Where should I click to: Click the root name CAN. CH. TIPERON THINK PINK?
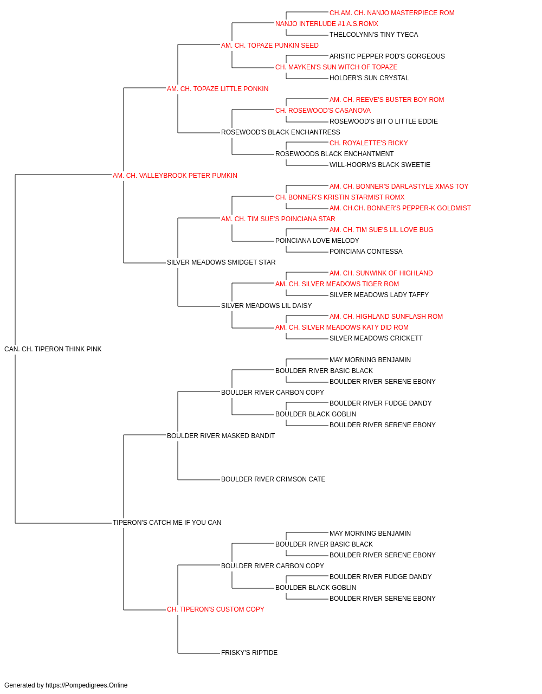53,349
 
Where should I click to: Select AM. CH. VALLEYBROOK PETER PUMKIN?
175,176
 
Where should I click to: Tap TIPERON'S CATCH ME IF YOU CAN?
167,523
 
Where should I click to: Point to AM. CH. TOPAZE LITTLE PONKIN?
218,89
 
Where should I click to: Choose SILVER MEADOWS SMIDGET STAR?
221,262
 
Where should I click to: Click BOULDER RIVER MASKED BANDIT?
221,435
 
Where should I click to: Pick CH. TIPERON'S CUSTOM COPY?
216,609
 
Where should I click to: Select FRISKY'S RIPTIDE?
249,652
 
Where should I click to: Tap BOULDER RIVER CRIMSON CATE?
273,479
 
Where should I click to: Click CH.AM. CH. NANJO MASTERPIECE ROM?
392,13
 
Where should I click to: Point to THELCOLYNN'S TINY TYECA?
374,35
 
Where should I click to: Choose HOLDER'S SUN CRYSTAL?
369,78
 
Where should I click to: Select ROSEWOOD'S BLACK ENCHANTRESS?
281,132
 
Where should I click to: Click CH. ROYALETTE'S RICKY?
369,143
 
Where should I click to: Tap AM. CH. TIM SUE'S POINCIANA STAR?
278,219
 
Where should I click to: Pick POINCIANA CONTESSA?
366,252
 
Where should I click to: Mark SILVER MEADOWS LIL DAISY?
267,306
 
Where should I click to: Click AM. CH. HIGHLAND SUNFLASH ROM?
386,317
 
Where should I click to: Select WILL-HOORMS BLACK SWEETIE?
380,165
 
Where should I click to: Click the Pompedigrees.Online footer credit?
66,685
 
